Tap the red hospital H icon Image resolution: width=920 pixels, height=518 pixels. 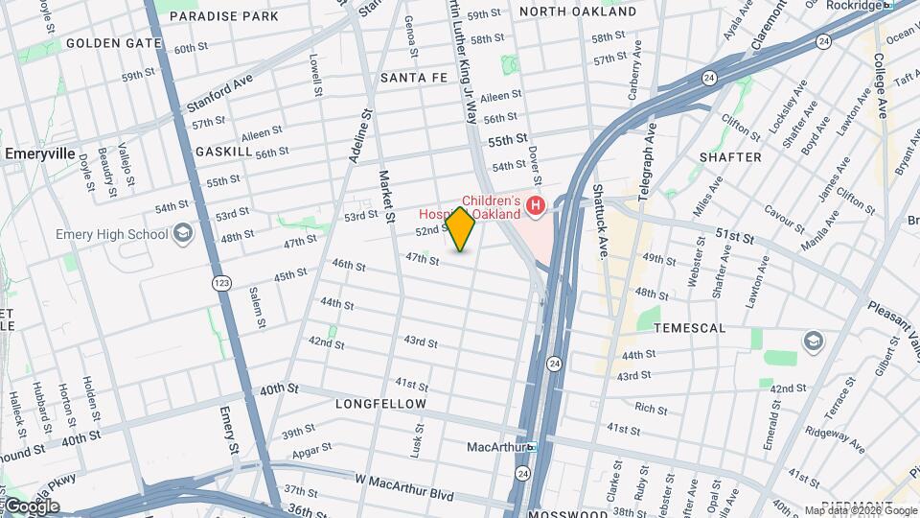(536, 204)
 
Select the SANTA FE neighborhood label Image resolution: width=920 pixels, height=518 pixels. (414, 78)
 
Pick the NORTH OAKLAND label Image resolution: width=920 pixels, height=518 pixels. (578, 12)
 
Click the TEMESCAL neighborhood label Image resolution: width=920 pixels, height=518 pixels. (690, 328)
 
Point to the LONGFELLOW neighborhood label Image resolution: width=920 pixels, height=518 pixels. (379, 405)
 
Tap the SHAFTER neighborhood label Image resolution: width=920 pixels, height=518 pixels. (730, 157)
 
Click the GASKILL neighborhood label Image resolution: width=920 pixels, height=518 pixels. (223, 152)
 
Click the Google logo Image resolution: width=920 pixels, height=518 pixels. (33, 506)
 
